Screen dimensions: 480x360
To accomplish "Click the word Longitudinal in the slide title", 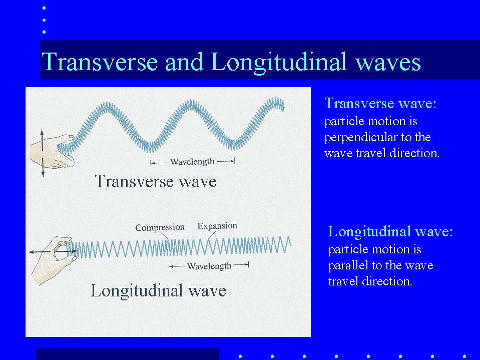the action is tap(279, 63).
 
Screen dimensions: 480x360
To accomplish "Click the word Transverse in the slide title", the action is tap(100, 62).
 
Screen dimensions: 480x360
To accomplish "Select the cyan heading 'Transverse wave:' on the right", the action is tap(380, 104).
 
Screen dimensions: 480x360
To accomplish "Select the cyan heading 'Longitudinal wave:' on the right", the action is tap(390, 231).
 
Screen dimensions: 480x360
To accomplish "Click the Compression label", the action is tap(160, 227).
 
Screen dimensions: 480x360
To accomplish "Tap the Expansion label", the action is tap(217, 226).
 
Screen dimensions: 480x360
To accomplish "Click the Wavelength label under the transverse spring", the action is tap(192, 162).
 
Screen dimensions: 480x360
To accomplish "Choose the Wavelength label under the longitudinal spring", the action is tap(209, 266).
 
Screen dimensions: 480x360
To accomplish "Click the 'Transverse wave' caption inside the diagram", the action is tap(156, 181).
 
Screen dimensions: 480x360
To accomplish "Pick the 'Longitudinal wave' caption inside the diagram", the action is tap(158, 290).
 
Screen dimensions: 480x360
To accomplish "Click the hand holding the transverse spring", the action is tap(53, 151).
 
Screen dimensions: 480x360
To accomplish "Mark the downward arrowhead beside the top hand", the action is tap(43, 174).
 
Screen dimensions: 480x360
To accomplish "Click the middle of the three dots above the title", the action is tap(44, 20).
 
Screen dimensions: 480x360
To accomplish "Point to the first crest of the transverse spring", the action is tap(107, 106).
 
